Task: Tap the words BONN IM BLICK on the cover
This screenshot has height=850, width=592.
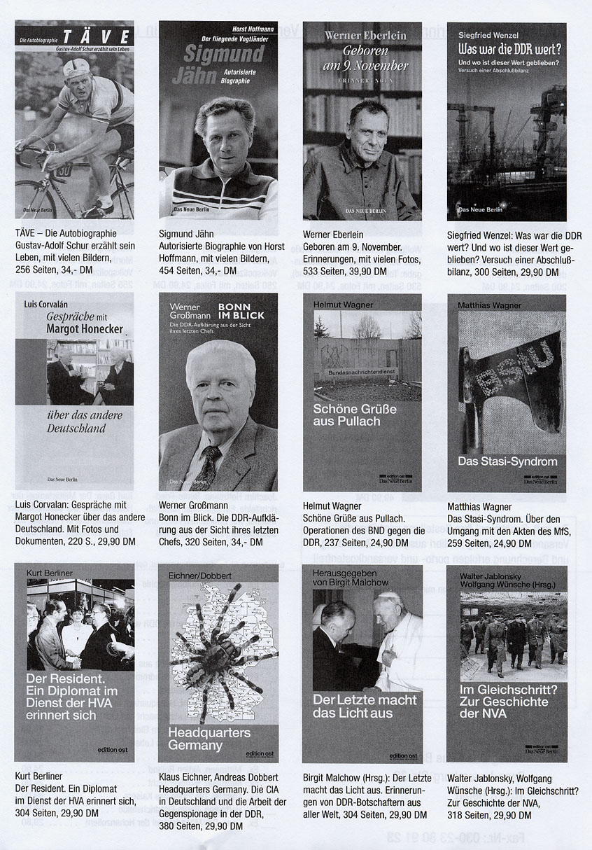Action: pyautogui.click(x=241, y=310)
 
